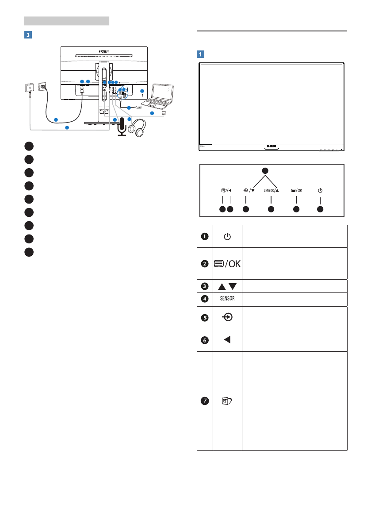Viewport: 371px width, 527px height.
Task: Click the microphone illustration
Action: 122,128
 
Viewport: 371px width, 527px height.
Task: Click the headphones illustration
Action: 137,128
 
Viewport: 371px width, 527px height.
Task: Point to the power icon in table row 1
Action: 227,237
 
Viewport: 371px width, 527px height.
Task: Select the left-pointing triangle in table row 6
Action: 227,339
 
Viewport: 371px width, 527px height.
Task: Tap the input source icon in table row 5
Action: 227,317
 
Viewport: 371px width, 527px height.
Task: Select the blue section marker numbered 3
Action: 27,34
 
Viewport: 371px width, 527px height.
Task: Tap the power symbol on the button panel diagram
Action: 320,191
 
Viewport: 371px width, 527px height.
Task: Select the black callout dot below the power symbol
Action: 320,208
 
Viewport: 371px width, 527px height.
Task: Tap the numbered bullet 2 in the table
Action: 205,264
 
